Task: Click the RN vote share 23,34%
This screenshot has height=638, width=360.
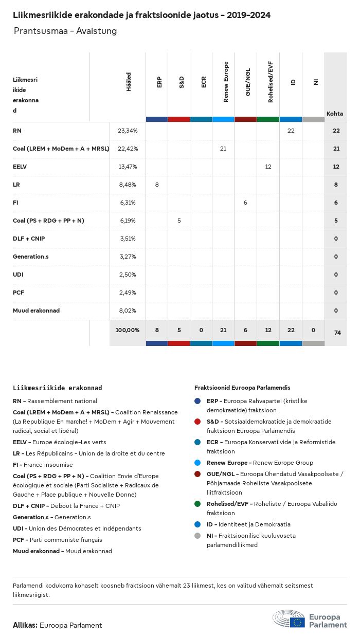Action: click(128, 131)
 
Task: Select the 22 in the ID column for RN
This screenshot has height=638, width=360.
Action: click(291, 131)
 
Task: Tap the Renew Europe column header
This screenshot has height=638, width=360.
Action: click(225, 82)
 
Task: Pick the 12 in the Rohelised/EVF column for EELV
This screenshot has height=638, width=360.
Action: click(268, 167)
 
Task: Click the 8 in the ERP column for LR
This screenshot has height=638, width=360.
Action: click(157, 185)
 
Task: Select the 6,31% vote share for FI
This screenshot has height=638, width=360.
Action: click(128, 203)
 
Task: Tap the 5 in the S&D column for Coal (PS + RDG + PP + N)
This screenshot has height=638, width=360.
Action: click(179, 221)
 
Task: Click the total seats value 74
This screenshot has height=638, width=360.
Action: click(337, 333)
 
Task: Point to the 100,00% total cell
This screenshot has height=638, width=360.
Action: click(128, 330)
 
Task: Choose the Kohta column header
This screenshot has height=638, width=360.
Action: click(335, 114)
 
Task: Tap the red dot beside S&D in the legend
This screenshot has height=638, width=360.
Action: click(197, 422)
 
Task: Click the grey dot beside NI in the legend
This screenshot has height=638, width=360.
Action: click(197, 536)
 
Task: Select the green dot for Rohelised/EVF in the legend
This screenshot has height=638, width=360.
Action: click(197, 504)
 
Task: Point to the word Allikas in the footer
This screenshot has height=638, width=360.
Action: click(25, 625)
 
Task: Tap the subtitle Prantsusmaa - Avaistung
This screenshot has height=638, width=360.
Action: click(65, 31)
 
